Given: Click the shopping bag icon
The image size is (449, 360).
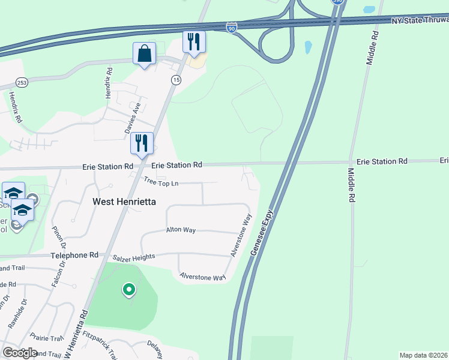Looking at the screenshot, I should pos(144,53).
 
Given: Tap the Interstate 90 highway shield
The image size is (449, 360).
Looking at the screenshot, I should pos(232,27).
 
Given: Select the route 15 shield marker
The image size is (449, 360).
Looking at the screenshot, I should pos(176,80).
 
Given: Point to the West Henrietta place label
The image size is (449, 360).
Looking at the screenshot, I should pos(124,202).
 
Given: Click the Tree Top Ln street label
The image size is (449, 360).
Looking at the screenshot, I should pos(161,181).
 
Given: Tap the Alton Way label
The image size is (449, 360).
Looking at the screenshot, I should pos(181,230).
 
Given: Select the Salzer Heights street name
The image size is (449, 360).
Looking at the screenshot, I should pos(134,257).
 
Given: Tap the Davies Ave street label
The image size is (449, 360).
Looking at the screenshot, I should pos(131,118).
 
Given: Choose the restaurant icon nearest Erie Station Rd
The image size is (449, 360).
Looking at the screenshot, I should pos(142,143).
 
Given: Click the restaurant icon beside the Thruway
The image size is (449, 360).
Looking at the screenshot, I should pos(194,41).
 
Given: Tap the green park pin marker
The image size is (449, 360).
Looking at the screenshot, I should pos(128,290).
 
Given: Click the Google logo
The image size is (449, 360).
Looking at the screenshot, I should pos(20,353).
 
